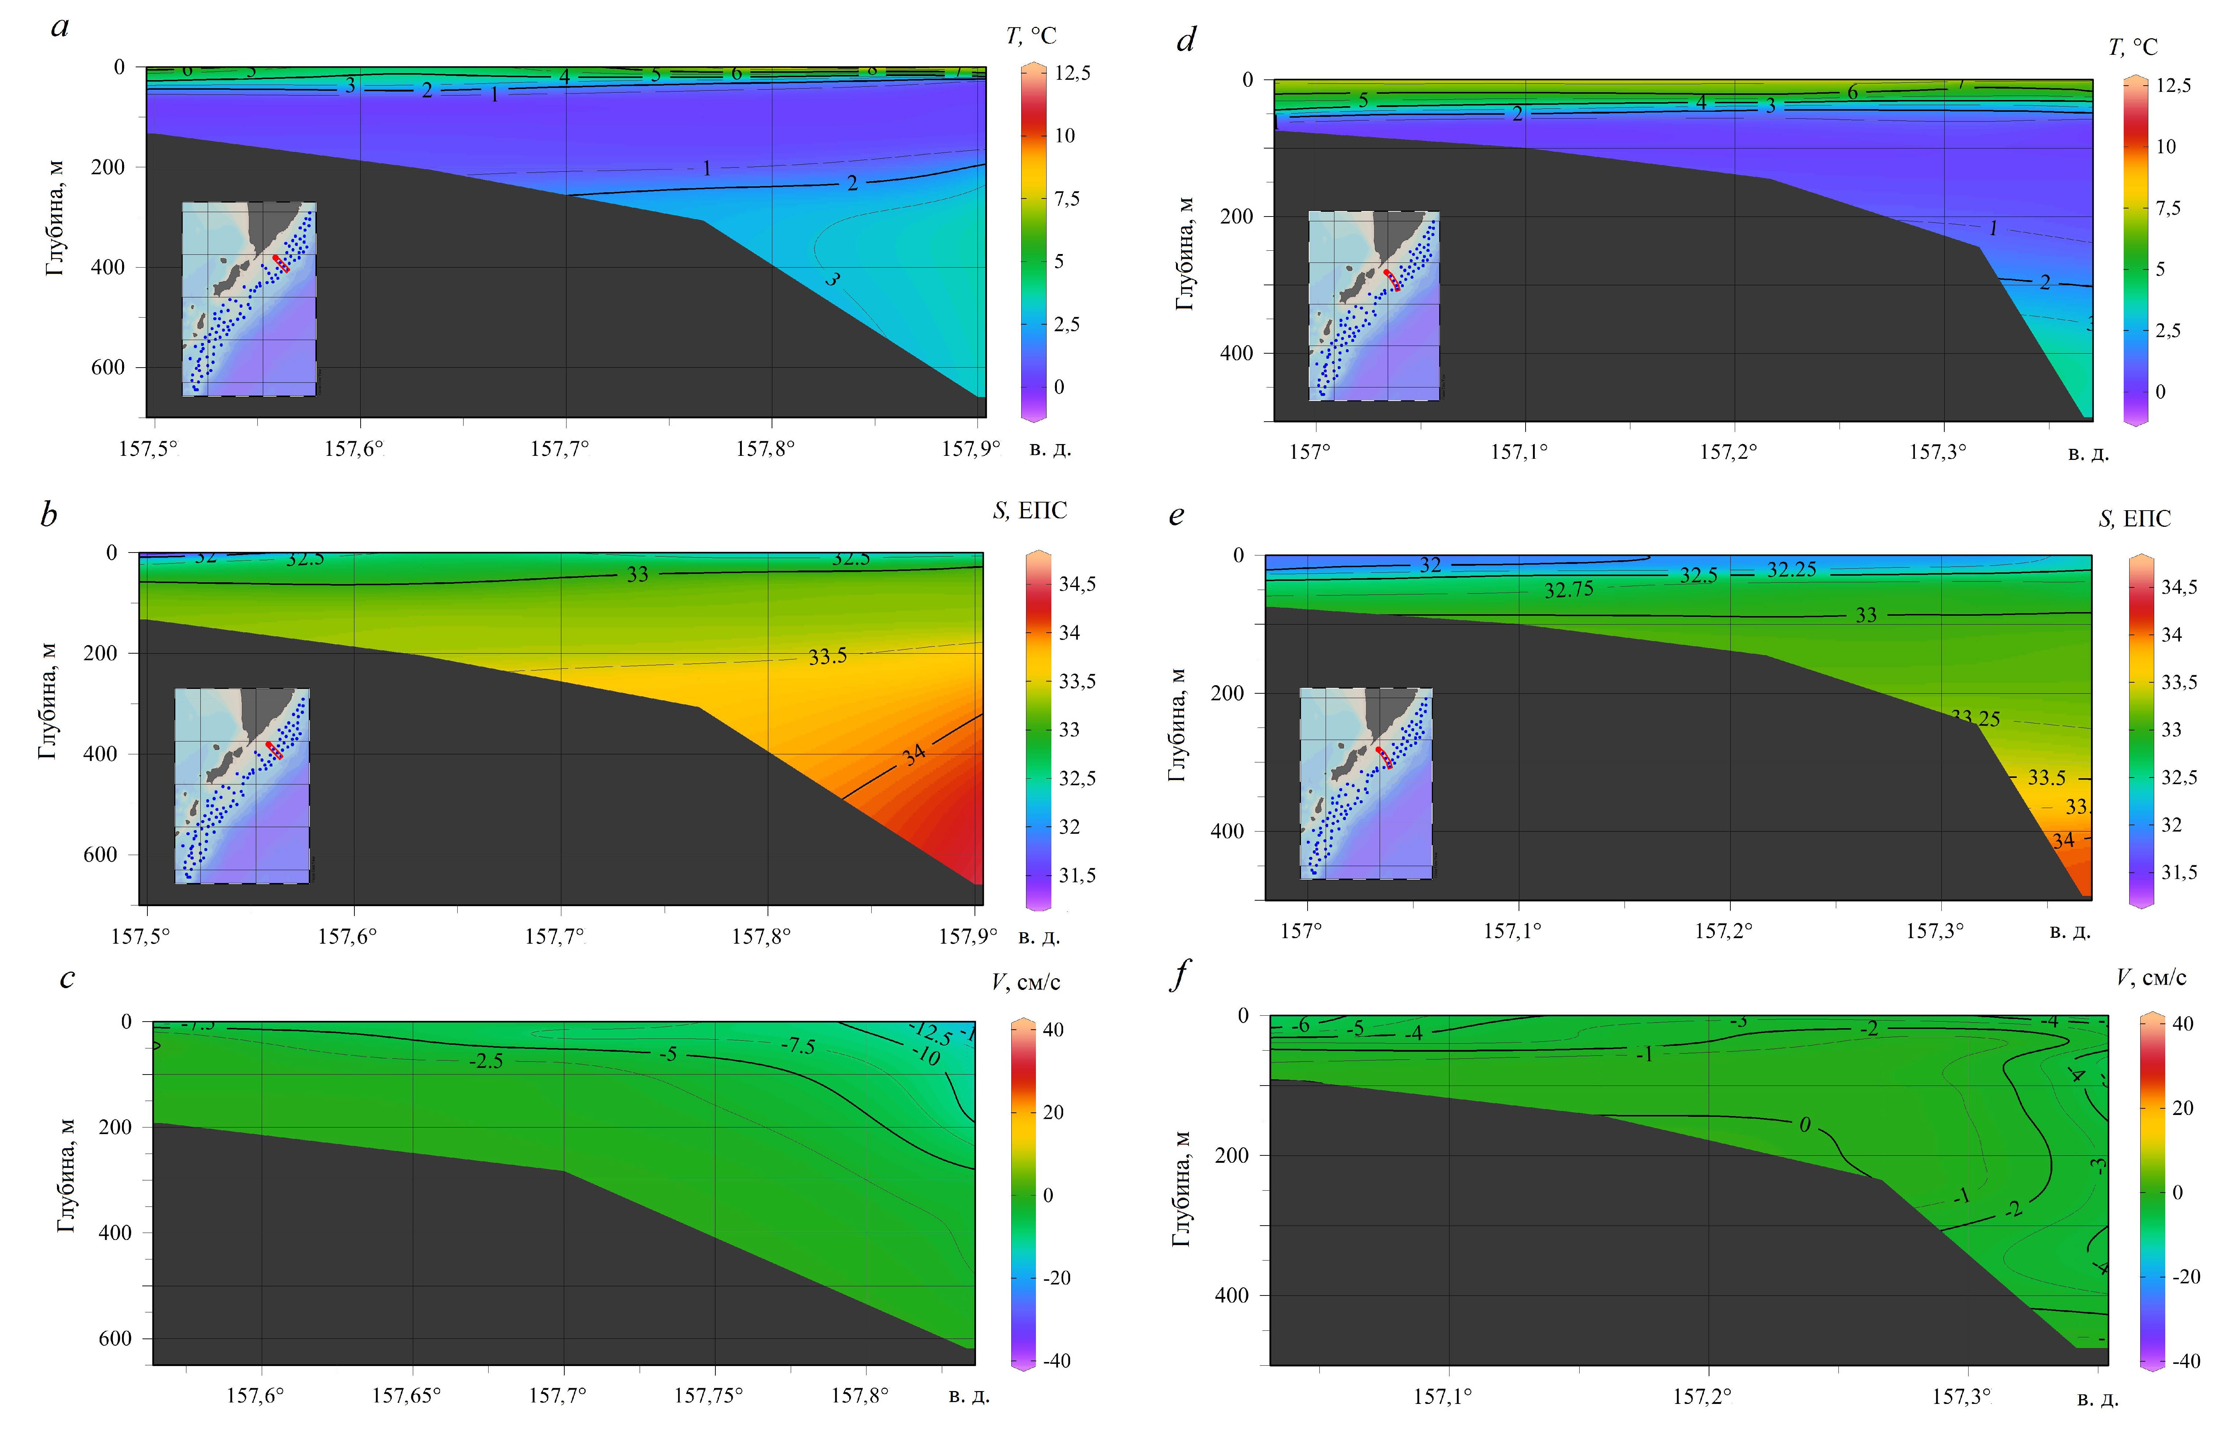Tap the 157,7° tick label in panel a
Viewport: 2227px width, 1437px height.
click(560, 449)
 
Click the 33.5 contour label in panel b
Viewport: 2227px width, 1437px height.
click(827, 657)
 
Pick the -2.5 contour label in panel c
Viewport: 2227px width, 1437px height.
click(486, 1061)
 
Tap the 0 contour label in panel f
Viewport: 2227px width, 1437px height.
click(1804, 1125)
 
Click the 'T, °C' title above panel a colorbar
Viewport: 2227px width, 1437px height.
click(1031, 35)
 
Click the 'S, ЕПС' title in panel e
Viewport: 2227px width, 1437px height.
click(2134, 519)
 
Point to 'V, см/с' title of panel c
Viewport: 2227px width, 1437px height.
click(1025, 982)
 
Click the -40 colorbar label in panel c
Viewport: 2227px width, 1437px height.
click(1055, 1361)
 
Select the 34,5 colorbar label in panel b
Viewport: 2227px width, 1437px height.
click(1077, 584)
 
